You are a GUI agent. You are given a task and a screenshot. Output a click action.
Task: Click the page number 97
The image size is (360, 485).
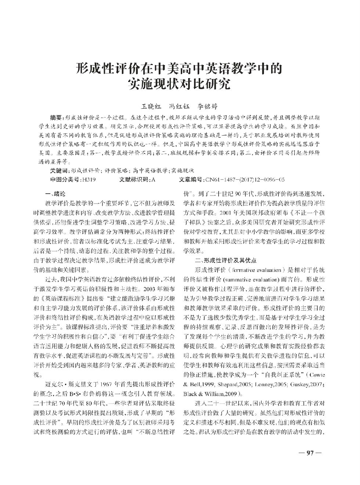[x=309, y=453]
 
